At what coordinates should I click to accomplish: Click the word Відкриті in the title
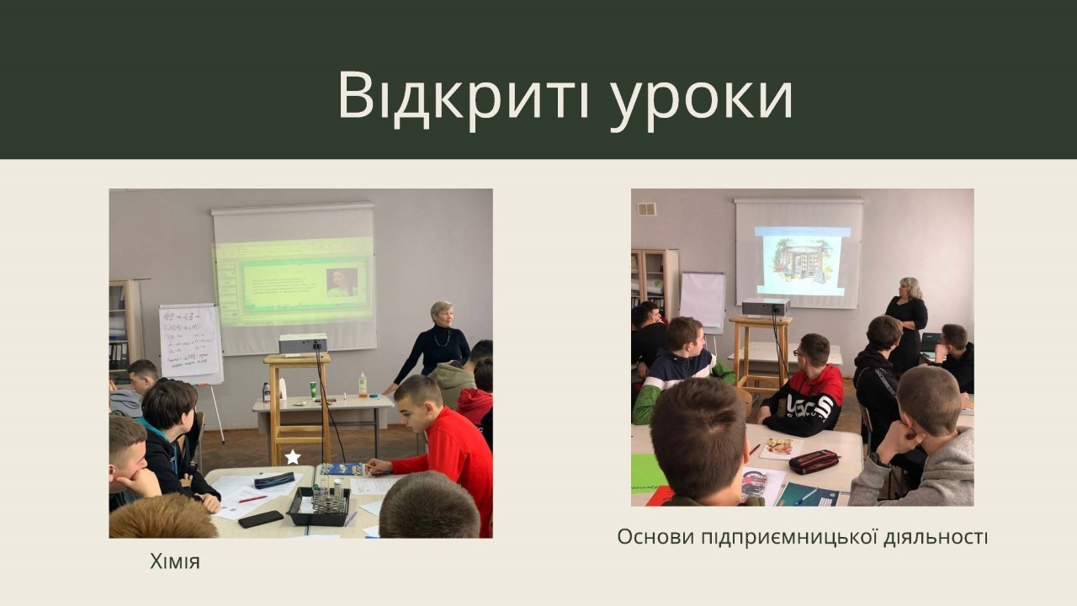(464, 95)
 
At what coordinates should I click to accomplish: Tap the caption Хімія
(174, 561)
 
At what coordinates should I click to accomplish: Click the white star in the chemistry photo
(292, 457)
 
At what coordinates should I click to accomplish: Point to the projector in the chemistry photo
(303, 344)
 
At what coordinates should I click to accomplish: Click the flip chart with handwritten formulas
(191, 342)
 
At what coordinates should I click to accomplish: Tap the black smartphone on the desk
(261, 519)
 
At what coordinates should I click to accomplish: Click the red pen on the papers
(252, 499)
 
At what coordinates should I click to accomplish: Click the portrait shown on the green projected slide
(342, 283)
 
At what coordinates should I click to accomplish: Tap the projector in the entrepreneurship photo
(766, 307)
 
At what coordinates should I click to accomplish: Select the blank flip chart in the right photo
(703, 300)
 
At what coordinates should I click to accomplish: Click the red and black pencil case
(814, 462)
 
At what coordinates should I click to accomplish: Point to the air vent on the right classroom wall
(647, 210)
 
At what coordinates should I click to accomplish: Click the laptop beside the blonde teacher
(931, 345)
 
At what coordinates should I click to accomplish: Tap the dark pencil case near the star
(274, 480)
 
